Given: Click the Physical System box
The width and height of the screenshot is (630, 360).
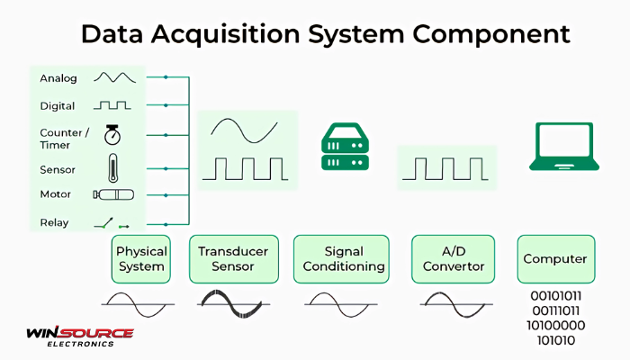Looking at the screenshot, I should [141, 259].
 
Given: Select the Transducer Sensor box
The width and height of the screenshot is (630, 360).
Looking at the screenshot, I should [233, 259].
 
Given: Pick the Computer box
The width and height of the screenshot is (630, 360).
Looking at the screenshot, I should [555, 259].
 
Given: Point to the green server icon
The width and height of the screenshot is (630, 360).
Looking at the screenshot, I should [346, 148].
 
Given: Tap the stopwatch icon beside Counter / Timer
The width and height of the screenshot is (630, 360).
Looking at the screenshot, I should [112, 136].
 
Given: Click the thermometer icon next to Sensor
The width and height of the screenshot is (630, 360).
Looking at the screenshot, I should [112, 168].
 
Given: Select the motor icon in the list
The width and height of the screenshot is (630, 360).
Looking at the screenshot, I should [113, 194].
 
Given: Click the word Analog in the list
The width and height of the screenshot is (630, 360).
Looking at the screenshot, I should [58, 78].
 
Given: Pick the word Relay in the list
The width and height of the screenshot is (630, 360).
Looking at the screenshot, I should [54, 222].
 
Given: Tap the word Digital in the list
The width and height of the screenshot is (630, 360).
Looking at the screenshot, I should [58, 106].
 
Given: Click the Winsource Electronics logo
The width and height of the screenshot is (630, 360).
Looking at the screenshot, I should [80, 337].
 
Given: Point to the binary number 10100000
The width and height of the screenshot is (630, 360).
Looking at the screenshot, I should [556, 325].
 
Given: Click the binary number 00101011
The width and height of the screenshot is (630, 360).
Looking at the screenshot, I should [556, 295].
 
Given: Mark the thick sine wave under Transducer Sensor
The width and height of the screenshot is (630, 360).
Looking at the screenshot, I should [234, 303].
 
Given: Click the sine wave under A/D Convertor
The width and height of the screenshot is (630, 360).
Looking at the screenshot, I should [451, 303].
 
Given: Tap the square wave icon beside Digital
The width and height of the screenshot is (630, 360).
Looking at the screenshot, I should [112, 105].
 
